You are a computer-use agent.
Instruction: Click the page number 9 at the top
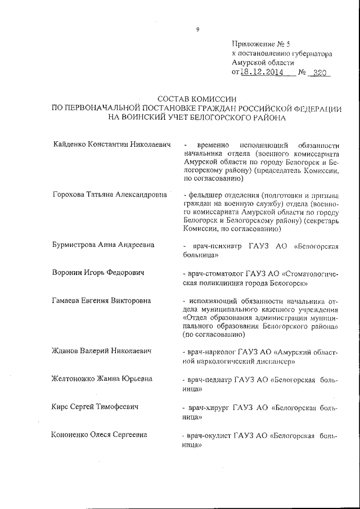click(x=197, y=30)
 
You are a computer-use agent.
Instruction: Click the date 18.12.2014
click(x=262, y=73)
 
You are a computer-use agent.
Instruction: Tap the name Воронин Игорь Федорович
click(x=97, y=273)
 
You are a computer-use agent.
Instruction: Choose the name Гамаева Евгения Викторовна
click(x=101, y=300)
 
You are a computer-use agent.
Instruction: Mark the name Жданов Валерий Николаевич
click(x=101, y=352)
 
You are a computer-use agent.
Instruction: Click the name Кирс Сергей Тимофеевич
click(x=94, y=407)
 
